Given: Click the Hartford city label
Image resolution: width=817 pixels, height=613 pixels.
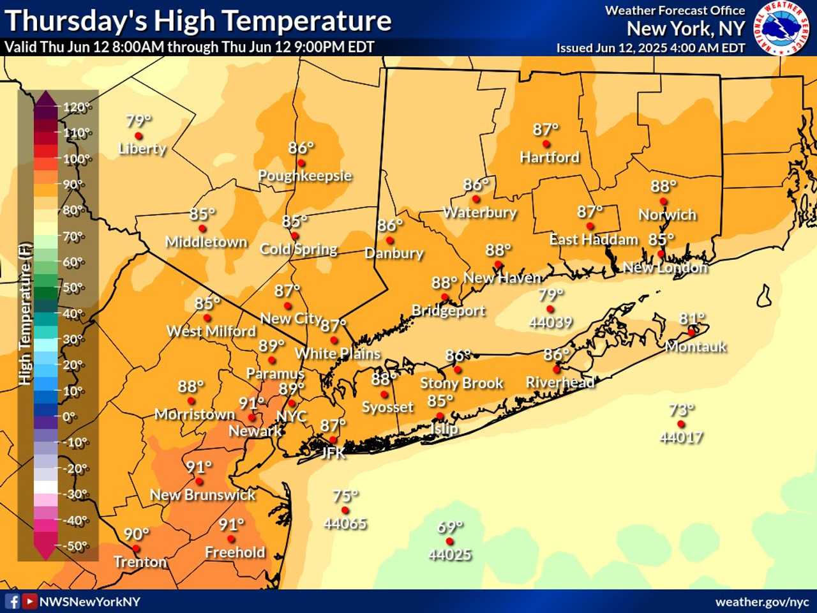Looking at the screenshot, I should click(x=550, y=157).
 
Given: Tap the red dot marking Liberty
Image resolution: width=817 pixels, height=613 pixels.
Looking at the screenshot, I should click(x=139, y=136).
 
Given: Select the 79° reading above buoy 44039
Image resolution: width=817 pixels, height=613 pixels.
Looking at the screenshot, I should click(x=550, y=294).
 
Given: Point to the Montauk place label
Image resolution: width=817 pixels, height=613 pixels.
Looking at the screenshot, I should click(x=696, y=347).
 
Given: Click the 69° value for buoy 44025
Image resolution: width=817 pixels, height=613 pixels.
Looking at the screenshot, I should click(x=450, y=527).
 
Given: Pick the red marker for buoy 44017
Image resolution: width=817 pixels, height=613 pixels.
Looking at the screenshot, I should click(x=681, y=424).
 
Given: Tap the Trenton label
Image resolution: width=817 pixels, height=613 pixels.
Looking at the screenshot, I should click(x=140, y=562).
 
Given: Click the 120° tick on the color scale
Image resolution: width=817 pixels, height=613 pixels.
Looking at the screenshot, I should click(x=76, y=107).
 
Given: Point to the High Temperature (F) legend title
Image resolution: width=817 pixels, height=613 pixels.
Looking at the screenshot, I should click(x=25, y=314).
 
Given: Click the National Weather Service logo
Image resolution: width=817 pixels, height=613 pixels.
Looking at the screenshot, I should click(x=780, y=28).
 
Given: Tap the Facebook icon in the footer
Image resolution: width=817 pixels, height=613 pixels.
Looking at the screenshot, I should click(x=12, y=602).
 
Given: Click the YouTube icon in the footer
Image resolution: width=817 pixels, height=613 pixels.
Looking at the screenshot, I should click(x=29, y=602).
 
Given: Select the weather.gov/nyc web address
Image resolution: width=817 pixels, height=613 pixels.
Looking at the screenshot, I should click(x=761, y=602).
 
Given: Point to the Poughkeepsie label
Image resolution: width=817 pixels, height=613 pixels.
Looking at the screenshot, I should click(x=304, y=176).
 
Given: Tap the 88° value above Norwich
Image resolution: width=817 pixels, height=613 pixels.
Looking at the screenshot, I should click(x=663, y=186).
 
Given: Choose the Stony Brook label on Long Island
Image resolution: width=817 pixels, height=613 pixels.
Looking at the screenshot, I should click(x=461, y=383).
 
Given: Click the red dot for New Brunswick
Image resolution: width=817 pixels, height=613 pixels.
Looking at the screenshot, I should click(x=199, y=482).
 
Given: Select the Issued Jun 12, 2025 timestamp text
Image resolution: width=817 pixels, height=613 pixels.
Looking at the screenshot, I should click(x=650, y=48).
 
